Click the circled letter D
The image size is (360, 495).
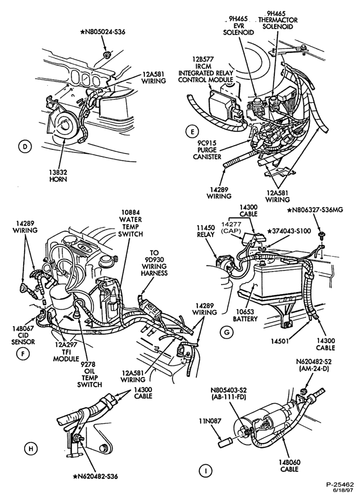click(23, 146)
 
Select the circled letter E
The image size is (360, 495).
click(192, 131)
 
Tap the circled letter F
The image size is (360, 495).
click(23, 354)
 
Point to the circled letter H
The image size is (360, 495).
click(31, 448)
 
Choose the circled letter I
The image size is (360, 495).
click(205, 471)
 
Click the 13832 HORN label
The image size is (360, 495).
click(58, 176)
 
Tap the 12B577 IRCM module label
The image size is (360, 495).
click(206, 69)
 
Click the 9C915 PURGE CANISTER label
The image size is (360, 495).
click(207, 149)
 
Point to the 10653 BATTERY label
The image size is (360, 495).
click(245, 315)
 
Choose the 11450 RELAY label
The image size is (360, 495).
click(206, 231)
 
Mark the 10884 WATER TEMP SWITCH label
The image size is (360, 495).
click(131, 223)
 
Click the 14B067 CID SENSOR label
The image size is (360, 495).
click(23, 335)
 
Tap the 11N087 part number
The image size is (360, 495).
click(210, 421)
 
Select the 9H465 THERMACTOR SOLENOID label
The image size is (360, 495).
click(278, 20)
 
